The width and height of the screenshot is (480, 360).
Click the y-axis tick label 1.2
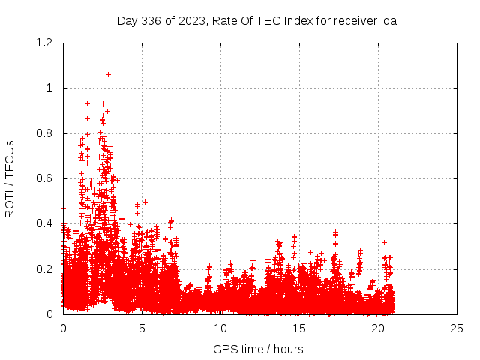pyautogui.click(x=46, y=43)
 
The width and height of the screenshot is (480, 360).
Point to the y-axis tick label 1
pyautogui.click(x=50, y=88)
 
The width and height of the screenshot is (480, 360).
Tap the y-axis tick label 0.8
pyautogui.click(x=46, y=133)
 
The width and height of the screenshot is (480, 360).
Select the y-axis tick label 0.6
pyautogui.click(x=46, y=178)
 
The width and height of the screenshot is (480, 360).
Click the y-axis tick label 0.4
pyautogui.click(x=46, y=223)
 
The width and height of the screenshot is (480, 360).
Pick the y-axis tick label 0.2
pyautogui.click(x=46, y=269)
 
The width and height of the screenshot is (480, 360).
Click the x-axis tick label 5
pyautogui.click(x=142, y=328)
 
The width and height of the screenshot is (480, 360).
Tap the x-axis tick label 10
pyautogui.click(x=220, y=328)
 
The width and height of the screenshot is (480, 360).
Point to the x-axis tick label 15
pyautogui.click(x=299, y=328)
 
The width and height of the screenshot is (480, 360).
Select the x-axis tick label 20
pyautogui.click(x=378, y=328)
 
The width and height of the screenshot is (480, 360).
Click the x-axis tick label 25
pyautogui.click(x=457, y=328)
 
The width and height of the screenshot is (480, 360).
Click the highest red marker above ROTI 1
pyautogui.click(x=108, y=74)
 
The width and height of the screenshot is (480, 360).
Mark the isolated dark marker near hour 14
pyautogui.click(x=280, y=205)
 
